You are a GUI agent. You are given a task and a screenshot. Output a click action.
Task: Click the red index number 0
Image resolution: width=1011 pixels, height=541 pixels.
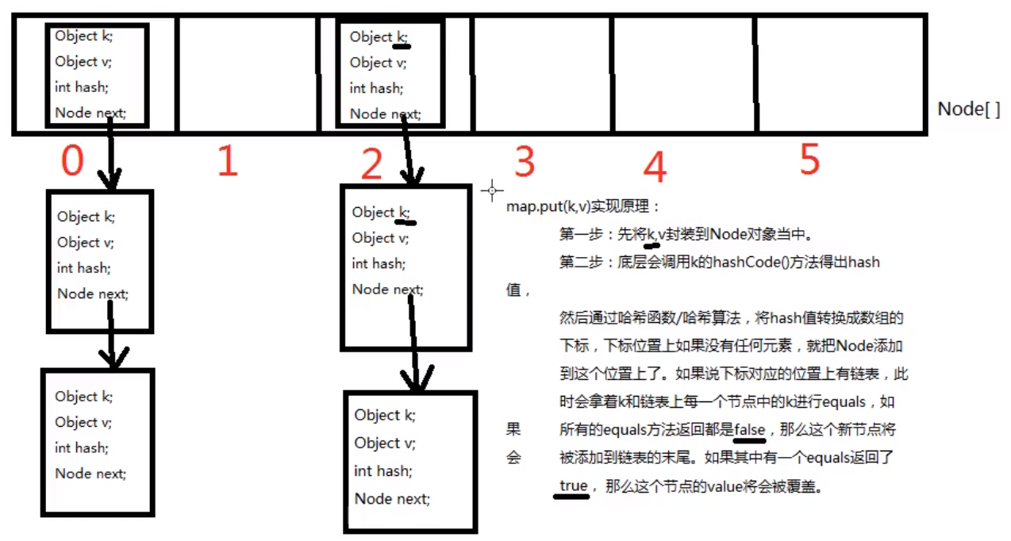(72, 162)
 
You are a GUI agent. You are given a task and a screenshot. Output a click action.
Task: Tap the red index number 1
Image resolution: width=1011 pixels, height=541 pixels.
(228, 162)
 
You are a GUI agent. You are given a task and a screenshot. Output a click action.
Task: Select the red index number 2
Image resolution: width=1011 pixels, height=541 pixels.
(371, 165)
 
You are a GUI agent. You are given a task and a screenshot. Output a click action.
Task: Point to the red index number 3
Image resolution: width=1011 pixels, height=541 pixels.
(525, 162)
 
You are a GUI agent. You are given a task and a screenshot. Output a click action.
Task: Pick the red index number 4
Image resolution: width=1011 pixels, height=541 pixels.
(655, 167)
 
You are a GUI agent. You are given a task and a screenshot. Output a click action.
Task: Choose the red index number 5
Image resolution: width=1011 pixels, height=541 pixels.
(809, 161)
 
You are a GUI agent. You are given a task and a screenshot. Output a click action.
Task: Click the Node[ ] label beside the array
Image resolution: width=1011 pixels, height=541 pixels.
(969, 109)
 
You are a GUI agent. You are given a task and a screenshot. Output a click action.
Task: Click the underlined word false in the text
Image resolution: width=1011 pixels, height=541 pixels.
(749, 430)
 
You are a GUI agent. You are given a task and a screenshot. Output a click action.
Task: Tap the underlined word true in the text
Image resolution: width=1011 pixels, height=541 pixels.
(573, 485)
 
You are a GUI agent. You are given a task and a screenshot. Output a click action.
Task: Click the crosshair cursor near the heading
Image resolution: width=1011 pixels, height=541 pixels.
(492, 190)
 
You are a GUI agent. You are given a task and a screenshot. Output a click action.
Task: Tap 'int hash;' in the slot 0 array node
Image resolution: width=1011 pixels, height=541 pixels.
(82, 86)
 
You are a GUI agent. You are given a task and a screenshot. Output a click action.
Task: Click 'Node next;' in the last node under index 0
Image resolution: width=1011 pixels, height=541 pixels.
(90, 474)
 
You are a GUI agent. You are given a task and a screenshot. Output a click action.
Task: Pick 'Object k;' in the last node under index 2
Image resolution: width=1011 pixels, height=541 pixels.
(385, 415)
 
